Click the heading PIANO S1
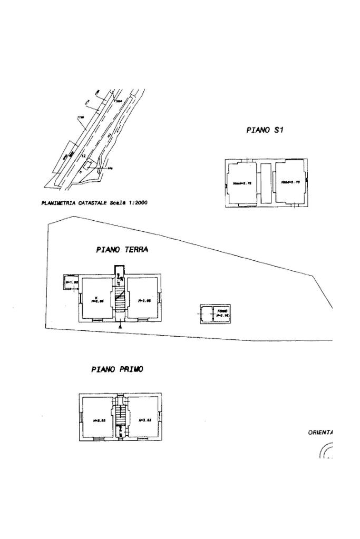point(265,130)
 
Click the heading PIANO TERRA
point(122,250)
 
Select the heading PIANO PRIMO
point(117,369)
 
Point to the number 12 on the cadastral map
point(83,156)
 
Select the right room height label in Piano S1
point(290,182)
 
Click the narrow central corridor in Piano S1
point(265,183)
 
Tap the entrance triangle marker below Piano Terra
point(121,327)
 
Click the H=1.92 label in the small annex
point(71,282)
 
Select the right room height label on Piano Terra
point(144,301)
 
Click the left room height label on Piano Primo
point(100,420)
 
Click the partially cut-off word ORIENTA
point(320,433)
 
